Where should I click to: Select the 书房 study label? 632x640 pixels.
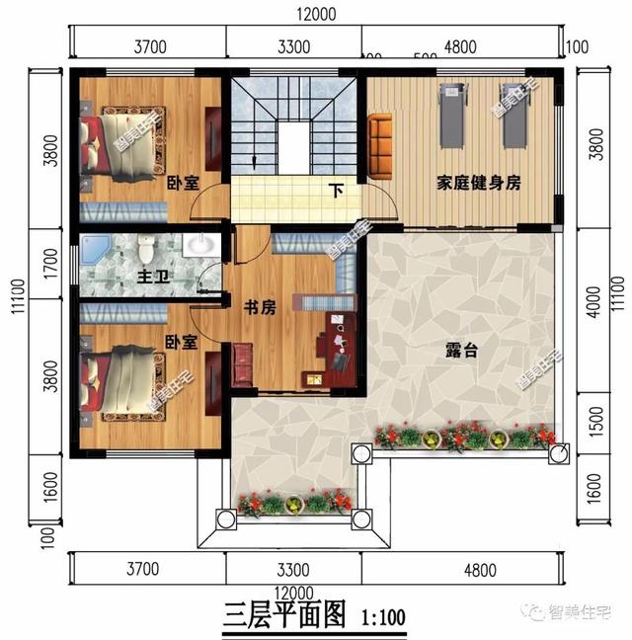tap(259, 307)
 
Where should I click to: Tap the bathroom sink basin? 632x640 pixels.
tap(199, 244)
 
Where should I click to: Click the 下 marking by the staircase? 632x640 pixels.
tap(337, 190)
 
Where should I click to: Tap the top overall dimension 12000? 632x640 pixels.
tap(316, 14)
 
